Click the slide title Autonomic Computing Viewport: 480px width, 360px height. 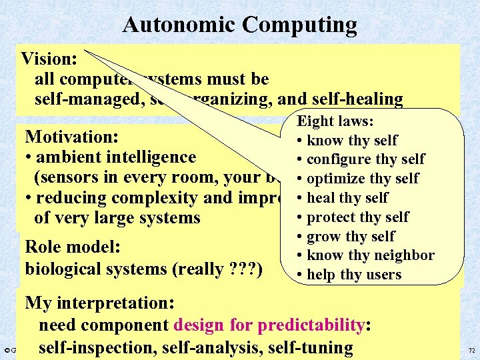239,25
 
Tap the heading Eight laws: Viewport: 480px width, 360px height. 335,121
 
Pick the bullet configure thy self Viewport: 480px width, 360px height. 365,159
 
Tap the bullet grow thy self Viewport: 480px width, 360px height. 350,237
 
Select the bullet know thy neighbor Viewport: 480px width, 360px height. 369,255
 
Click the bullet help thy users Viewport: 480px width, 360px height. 353,275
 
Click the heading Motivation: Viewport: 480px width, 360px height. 71,137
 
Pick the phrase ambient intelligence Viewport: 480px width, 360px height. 116,157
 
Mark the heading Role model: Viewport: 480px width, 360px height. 72,247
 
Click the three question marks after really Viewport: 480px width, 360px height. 247,269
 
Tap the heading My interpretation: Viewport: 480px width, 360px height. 99,303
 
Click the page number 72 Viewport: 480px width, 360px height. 471,350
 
